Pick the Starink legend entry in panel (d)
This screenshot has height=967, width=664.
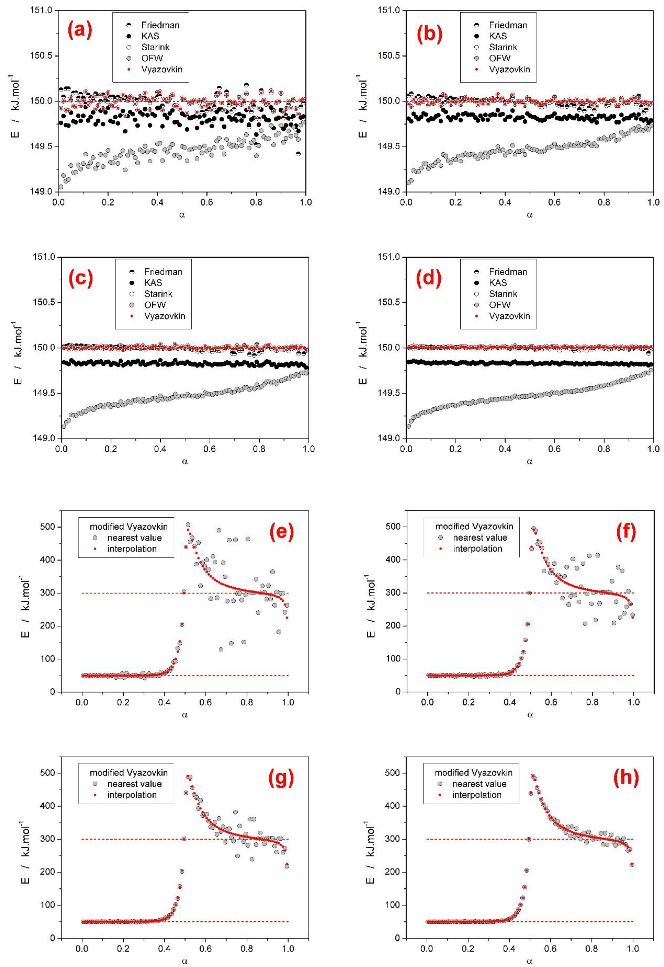tap(503, 294)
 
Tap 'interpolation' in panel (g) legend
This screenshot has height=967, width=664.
tap(132, 795)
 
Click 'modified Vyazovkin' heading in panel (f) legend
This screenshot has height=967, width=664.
tap(474, 526)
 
